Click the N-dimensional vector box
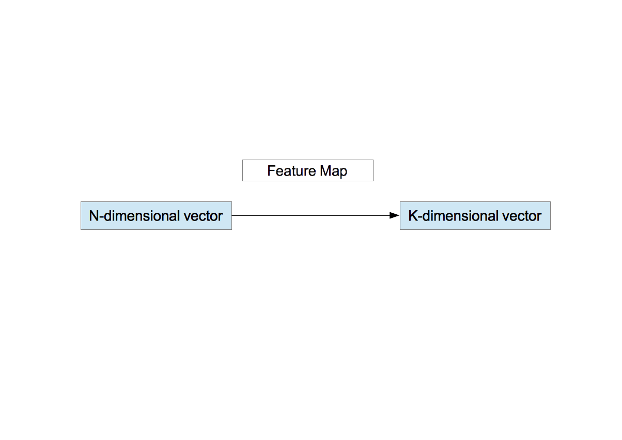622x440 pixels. click(156, 215)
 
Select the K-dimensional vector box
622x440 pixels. click(475, 215)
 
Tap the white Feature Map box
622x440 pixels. click(307, 170)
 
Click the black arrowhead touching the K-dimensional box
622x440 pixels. click(394, 215)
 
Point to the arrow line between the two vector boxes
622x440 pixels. click(310, 215)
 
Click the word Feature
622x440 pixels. click(291, 171)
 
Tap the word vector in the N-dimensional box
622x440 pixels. click(204, 216)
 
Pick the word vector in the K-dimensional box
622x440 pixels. click(523, 216)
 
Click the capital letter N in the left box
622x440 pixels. click(94, 216)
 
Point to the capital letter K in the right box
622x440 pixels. click(413, 216)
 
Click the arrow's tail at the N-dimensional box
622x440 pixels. click(234, 215)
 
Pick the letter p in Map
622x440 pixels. click(343, 172)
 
